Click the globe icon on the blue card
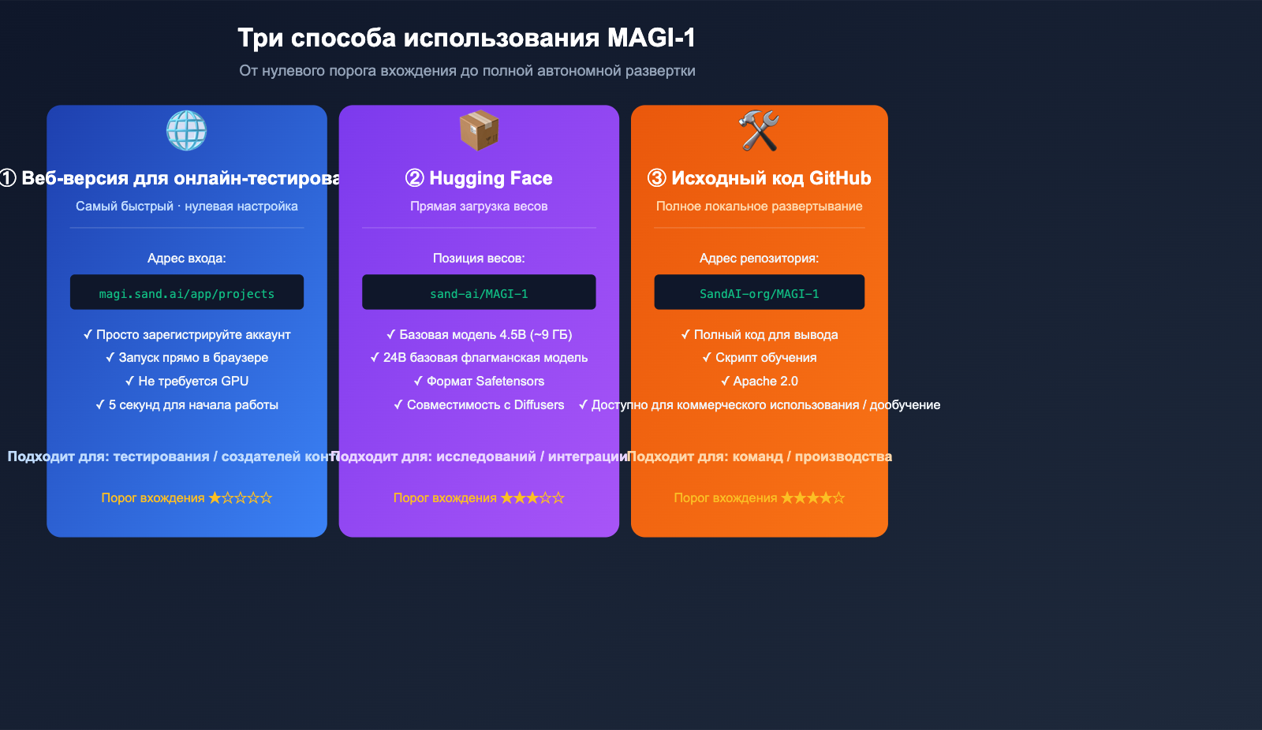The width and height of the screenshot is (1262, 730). coord(187,130)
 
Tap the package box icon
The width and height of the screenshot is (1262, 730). coord(479,130)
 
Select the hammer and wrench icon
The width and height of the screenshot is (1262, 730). coord(759,130)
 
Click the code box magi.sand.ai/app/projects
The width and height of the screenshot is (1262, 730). coord(187,293)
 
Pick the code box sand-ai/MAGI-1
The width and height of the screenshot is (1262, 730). coord(479,293)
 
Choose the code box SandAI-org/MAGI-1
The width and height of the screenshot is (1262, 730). coord(759,293)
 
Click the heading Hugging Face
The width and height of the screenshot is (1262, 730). coord(479,178)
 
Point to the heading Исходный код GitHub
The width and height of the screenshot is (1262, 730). coord(759,178)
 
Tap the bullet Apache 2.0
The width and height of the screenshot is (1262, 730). coord(759,382)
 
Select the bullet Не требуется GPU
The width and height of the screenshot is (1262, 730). coord(187,382)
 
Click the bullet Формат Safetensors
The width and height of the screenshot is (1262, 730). coord(479,382)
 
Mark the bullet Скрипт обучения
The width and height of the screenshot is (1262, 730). coord(759,358)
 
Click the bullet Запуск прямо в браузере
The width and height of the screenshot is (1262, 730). coord(187,358)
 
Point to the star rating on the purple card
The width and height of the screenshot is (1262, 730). coord(532,498)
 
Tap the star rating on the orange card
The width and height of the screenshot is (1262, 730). coord(812,498)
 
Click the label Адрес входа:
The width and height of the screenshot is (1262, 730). coord(187,259)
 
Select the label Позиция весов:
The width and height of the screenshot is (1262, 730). coord(479,259)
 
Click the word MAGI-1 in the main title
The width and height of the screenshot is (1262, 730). coord(651,38)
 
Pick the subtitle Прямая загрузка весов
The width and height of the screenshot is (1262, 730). coord(479,207)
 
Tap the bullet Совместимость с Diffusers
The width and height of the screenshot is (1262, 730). coord(479,405)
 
